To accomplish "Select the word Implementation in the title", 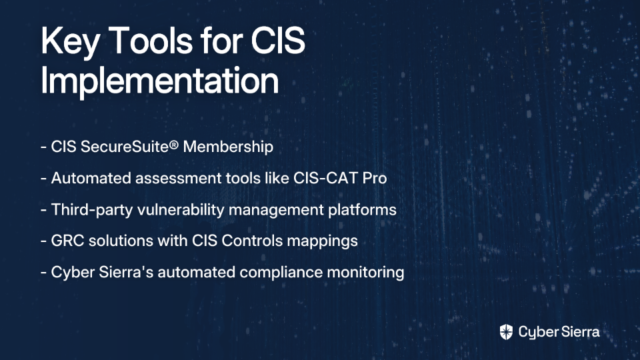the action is (159, 81).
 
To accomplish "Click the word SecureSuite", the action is (125, 147).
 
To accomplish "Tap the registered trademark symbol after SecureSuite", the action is (174, 145).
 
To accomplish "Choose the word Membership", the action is (228, 147).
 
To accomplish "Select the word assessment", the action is (178, 179).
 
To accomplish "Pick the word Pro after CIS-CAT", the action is (375, 178).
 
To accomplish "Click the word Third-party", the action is (92, 210).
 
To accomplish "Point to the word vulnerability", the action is (181, 210).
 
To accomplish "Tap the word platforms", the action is (362, 210).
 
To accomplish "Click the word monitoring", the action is (366, 272).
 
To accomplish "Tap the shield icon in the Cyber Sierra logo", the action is (506, 332).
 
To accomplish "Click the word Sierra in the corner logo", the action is (579, 332).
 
